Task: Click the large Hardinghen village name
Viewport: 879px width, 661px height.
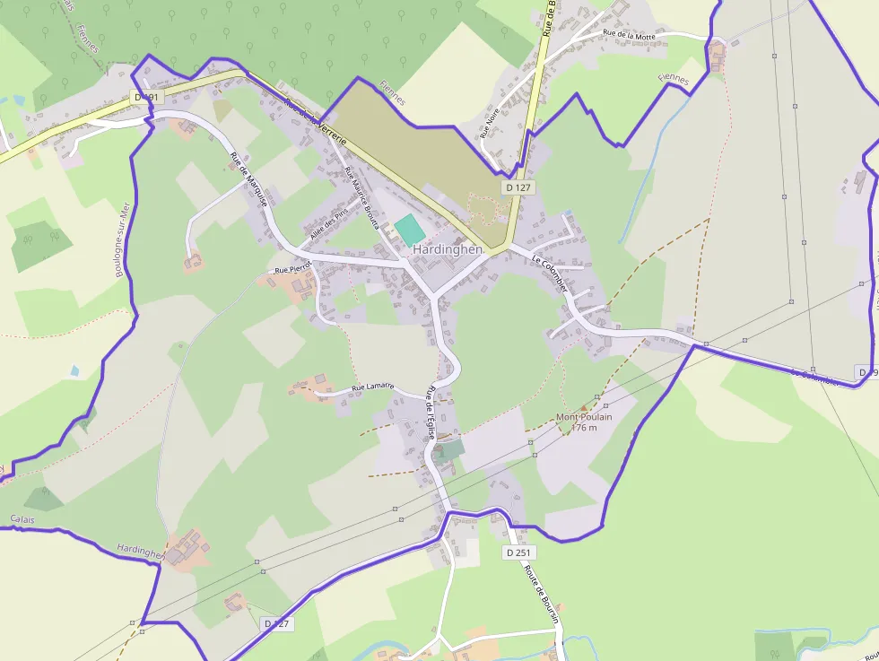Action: [448, 249]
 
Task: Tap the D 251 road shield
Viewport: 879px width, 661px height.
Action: [518, 552]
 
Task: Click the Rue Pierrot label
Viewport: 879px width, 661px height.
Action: [293, 267]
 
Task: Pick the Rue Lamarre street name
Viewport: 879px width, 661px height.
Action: [372, 387]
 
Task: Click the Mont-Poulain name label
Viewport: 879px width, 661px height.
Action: [584, 417]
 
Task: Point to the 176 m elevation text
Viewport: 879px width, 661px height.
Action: [584, 428]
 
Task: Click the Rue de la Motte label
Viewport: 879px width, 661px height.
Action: [629, 34]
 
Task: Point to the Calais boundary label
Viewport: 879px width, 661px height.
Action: [22, 519]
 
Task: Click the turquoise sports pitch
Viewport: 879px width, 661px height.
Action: [409, 229]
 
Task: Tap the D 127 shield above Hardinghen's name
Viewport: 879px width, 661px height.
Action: [518, 187]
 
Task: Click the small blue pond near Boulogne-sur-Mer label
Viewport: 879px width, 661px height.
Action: [74, 370]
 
